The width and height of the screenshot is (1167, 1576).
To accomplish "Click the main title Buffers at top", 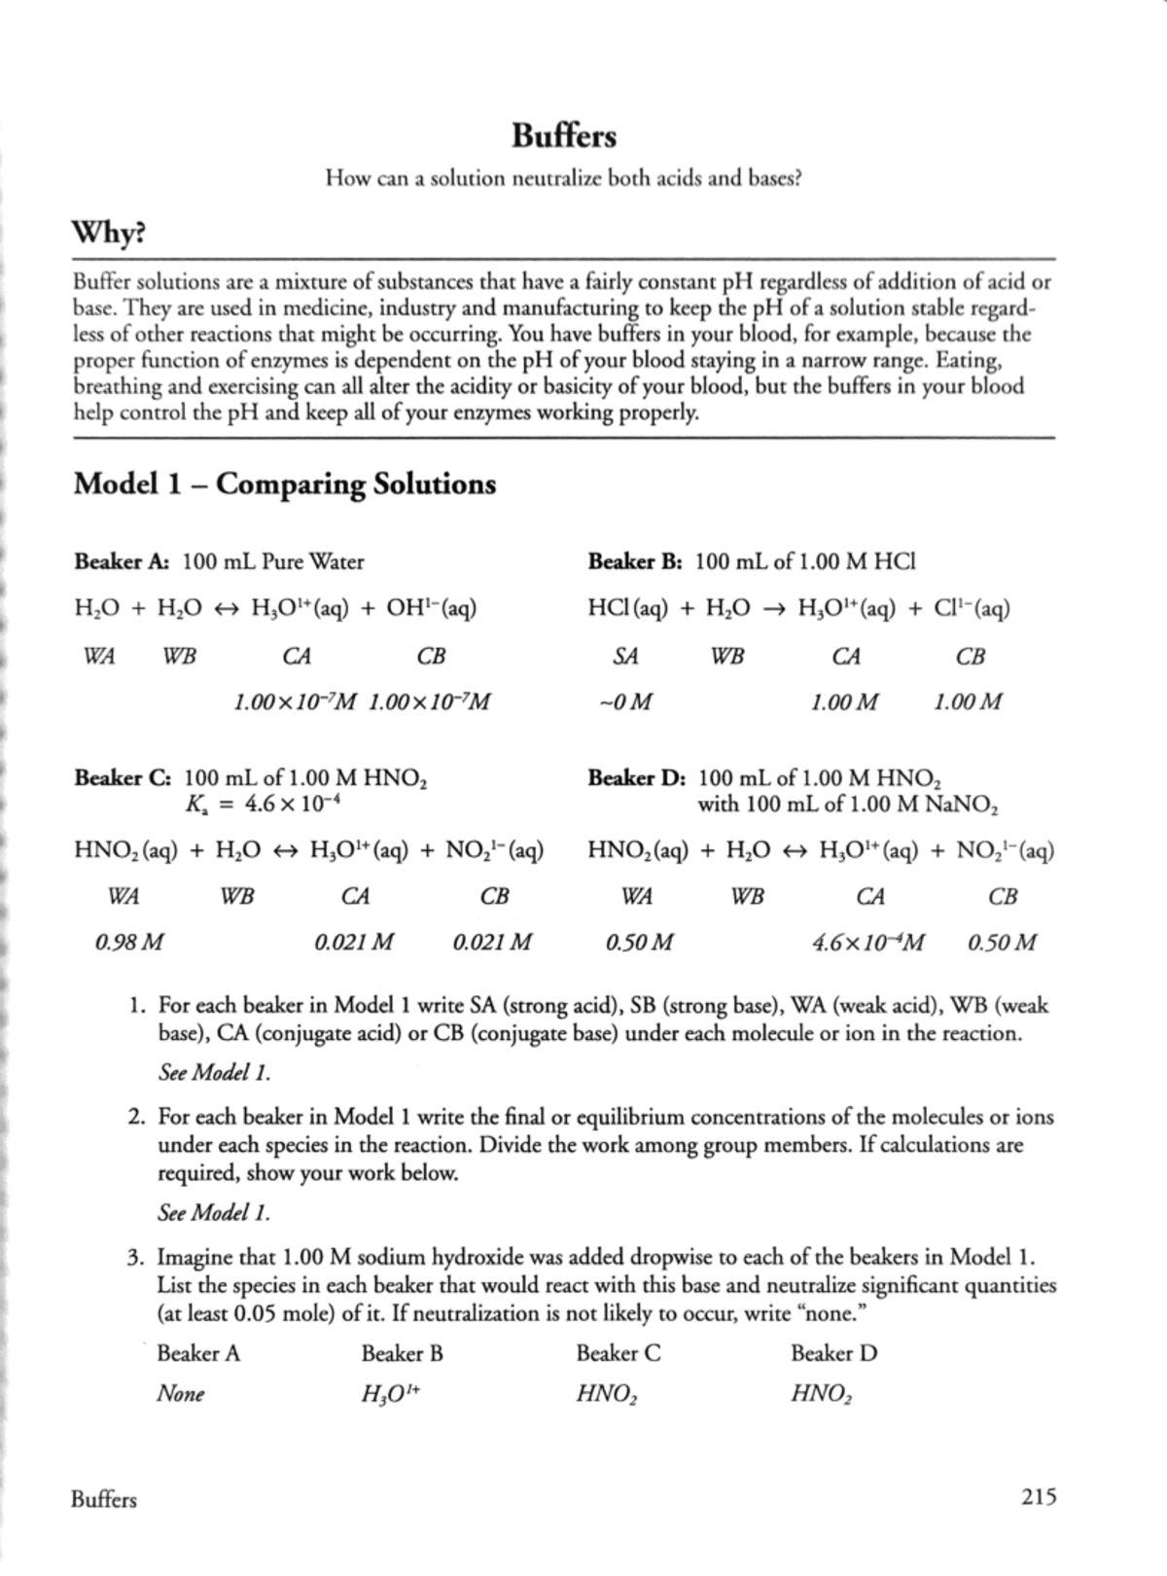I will click(564, 136).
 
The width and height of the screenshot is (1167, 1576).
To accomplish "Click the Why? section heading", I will click(109, 234).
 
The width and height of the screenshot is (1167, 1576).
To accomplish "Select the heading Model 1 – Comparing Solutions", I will click(285, 484).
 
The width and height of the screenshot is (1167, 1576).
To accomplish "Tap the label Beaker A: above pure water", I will click(123, 561).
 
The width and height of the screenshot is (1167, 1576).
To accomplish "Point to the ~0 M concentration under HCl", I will click(626, 701).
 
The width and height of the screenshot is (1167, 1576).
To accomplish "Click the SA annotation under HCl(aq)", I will click(626, 657).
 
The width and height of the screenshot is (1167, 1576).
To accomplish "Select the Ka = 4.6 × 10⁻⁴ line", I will click(262, 805).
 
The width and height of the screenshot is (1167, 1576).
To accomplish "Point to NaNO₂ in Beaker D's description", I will click(963, 805).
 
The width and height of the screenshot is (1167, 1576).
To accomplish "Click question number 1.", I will click(138, 1005).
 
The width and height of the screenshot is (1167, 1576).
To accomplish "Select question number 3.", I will click(138, 1257).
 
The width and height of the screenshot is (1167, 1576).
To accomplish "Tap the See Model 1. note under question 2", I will click(213, 1213).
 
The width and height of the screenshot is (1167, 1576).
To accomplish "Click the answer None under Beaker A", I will click(181, 1394).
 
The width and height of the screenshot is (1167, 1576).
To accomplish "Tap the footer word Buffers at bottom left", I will click(104, 1499).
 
